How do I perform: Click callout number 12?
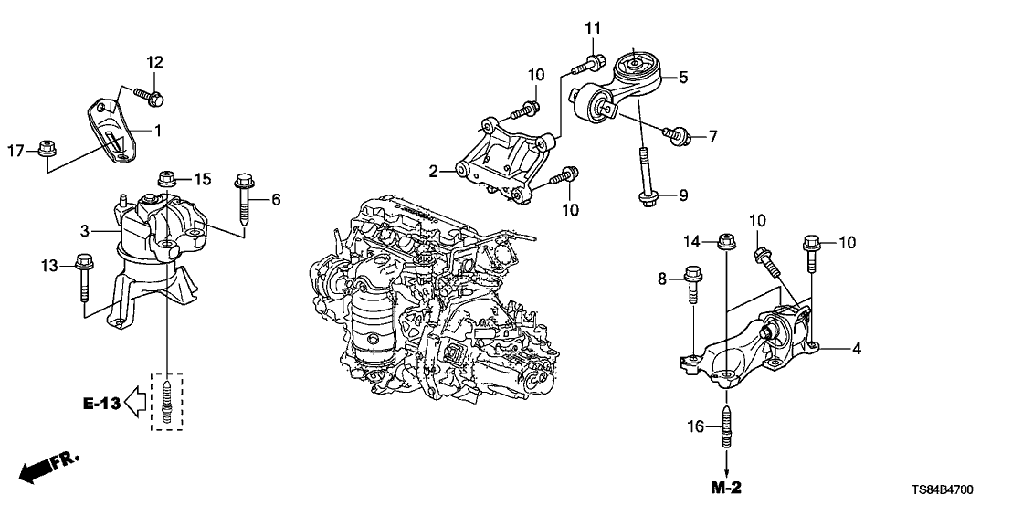click(x=155, y=62)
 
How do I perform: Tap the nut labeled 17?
click(x=47, y=149)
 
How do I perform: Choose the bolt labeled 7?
click(x=676, y=137)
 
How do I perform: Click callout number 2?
click(x=436, y=170)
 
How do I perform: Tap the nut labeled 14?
click(x=726, y=243)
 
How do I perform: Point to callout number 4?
click(x=858, y=349)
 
